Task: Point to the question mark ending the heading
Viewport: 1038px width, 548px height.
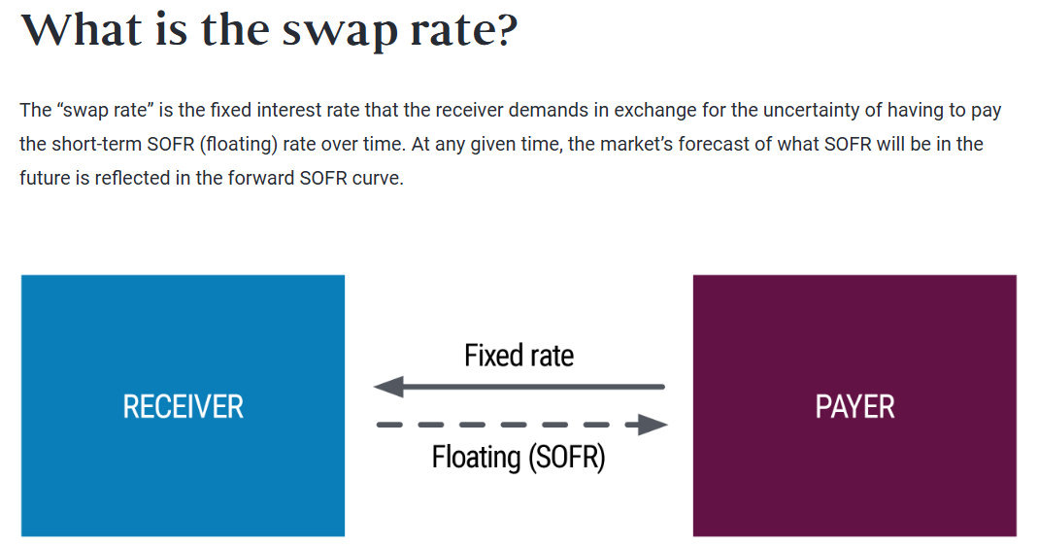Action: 505,30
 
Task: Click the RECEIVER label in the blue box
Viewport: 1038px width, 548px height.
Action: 183,406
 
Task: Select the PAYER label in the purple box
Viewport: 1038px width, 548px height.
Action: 854,406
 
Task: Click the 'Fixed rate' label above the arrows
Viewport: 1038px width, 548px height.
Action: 519,356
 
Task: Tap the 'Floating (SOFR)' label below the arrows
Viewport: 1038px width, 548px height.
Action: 519,457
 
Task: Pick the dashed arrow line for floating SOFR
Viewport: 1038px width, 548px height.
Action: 505,425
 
